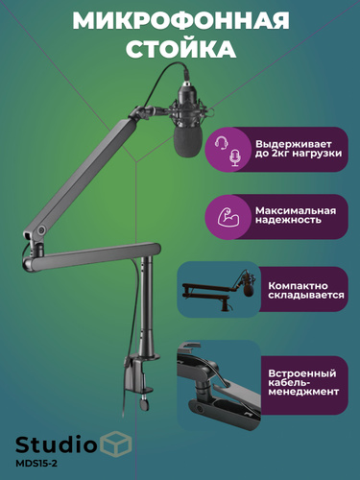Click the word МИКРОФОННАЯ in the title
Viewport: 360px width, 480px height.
180,21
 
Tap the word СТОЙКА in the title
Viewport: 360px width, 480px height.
181,49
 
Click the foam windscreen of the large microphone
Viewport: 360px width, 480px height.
188,141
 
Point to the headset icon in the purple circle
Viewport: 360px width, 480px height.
221,143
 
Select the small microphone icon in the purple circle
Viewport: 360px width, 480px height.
235,157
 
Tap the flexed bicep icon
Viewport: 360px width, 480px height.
228,217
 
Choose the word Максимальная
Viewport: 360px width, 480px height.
296,210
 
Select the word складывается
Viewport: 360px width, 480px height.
306,295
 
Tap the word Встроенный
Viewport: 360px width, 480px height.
302,373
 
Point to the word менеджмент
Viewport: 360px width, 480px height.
303,392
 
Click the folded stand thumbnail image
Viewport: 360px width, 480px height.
219,289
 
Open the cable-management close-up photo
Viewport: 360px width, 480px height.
219,385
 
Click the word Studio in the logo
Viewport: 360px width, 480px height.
56,444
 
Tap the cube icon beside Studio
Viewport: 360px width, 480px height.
116,444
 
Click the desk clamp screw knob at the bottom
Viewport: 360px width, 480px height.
145,403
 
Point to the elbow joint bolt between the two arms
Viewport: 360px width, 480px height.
41,230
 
